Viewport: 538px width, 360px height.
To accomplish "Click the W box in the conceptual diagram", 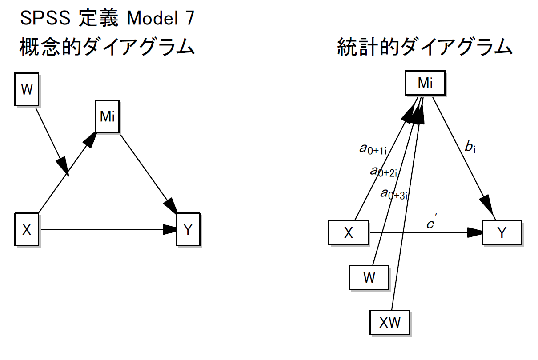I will click(27, 90).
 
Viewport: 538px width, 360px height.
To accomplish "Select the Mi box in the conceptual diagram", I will click(108, 116).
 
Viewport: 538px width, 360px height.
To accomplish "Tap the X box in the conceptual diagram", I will click(27, 230).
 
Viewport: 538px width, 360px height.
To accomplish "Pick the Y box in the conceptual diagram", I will click(188, 230).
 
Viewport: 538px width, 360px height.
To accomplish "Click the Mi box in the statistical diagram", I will click(425, 83).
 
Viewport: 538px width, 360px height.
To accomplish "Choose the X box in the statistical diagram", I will click(348, 232).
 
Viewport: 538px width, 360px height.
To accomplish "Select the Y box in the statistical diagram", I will click(502, 232).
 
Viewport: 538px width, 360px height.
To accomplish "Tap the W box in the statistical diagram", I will click(369, 278).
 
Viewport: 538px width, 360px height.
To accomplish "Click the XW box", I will click(389, 322).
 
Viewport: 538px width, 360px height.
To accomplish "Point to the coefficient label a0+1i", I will click(373, 149).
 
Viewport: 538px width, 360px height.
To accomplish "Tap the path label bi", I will click(470, 148).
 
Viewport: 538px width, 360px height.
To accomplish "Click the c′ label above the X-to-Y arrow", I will click(431, 224).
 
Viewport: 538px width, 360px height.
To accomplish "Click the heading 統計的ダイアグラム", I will click(425, 47).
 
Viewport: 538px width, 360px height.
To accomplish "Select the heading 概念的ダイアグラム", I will click(107, 47).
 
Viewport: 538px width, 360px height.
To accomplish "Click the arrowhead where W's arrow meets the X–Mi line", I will click(64, 167).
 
